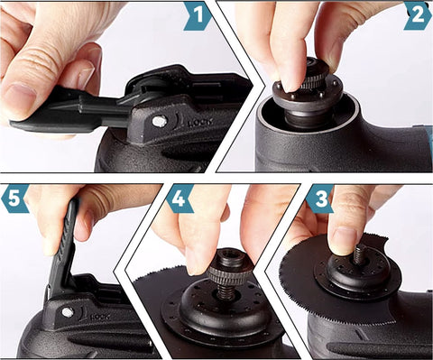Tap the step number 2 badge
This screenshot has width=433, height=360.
pyautogui.click(x=417, y=15)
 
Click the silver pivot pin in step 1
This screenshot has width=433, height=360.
pyautogui.click(x=159, y=121)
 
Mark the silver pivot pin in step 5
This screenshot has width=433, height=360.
pyautogui.click(x=67, y=312)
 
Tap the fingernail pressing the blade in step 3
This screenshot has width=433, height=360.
pyautogui.click(x=344, y=239)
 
